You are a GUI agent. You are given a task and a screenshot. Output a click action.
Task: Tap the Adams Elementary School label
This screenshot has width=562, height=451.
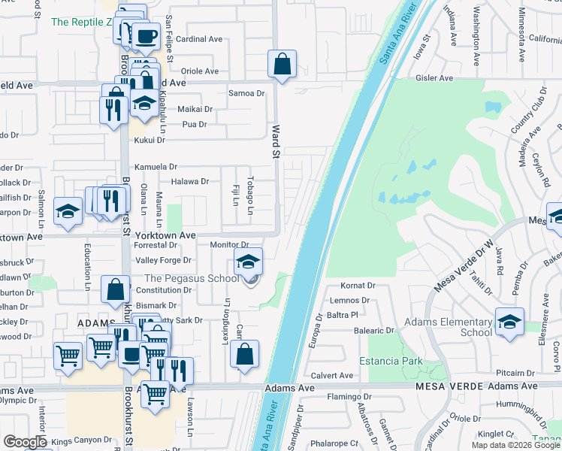448,327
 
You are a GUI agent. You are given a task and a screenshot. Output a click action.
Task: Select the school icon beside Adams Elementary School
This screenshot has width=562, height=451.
509,322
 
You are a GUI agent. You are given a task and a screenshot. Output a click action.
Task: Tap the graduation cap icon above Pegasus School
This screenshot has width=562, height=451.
249,262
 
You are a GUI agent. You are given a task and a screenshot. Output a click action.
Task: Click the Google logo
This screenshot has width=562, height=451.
25,442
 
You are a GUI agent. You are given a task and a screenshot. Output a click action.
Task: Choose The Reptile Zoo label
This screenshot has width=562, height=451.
82,22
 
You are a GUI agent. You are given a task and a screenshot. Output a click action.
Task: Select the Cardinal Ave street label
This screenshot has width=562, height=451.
201,38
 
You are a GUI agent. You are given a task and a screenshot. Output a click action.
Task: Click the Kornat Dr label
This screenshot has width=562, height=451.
358,286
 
